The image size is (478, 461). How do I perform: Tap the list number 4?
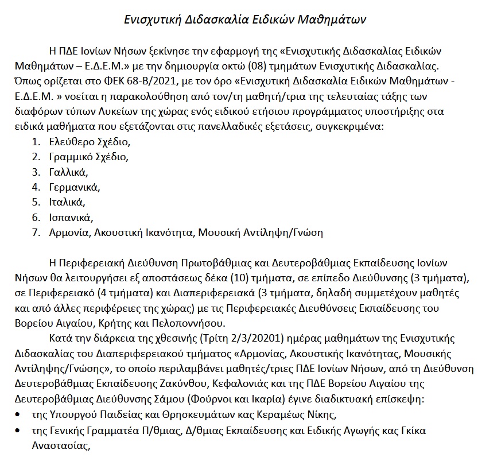pyautogui.click(x=36, y=187)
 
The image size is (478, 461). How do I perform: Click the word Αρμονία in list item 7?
pyautogui.click(x=69, y=233)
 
